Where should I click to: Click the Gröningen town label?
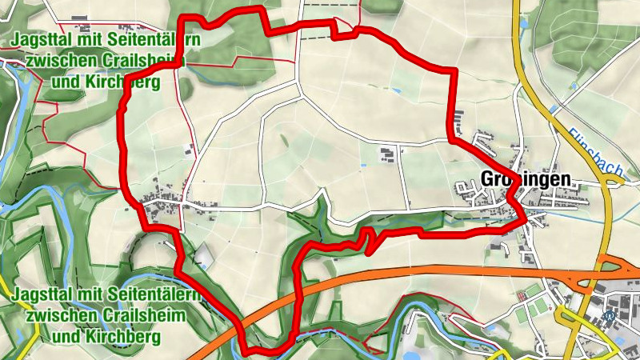click(526, 179)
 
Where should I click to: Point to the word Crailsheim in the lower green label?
click(144, 315)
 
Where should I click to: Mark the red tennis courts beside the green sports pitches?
click(524, 297)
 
